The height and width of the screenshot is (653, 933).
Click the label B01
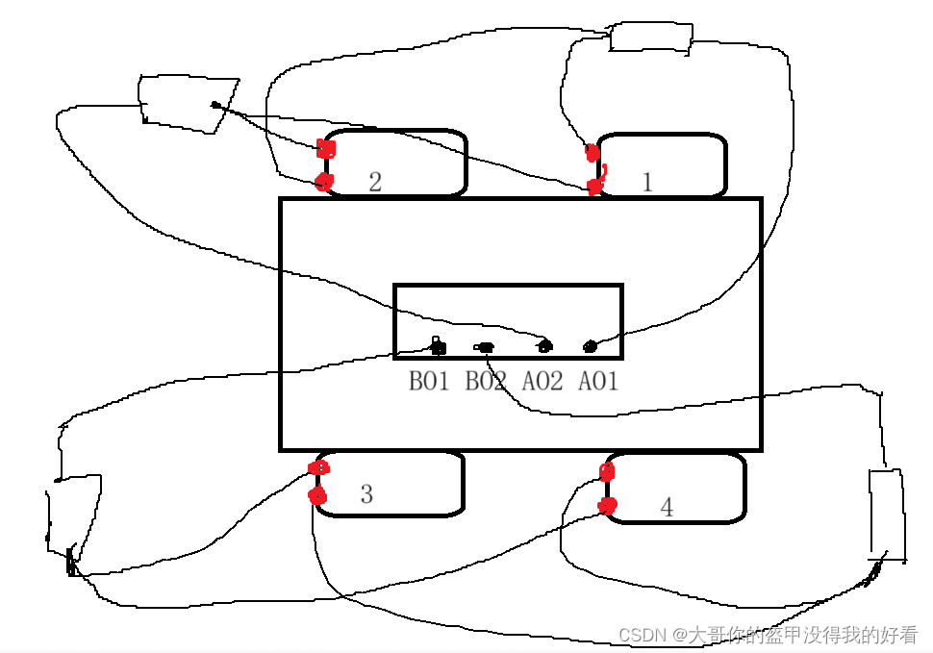coord(429,382)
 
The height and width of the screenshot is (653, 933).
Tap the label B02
coord(486,382)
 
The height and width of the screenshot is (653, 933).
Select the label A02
coord(542,382)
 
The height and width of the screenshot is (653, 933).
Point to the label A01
coord(597,382)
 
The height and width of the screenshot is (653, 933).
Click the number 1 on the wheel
coord(647,182)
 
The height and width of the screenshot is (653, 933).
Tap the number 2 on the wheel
coord(375,182)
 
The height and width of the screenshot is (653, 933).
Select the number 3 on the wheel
coord(366,494)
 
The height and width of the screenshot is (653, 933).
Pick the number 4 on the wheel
coord(667,507)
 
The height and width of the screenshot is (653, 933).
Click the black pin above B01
coord(438,346)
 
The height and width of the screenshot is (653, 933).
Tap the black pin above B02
coord(484,347)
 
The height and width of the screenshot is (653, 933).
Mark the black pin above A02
coord(544,345)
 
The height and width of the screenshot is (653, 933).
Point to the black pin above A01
coord(591,346)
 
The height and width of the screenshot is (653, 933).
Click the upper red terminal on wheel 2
coord(326,149)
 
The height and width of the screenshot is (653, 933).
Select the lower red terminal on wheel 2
coord(324,181)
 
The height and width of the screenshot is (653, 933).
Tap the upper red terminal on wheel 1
coord(593,152)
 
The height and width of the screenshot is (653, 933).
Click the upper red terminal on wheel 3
coord(319,468)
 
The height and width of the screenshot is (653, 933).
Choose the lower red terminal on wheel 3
coord(317,496)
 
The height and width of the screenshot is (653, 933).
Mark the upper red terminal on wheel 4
coord(607,471)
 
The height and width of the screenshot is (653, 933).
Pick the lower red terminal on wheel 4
coord(607,505)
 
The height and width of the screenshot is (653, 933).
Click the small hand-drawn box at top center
coord(651,37)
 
